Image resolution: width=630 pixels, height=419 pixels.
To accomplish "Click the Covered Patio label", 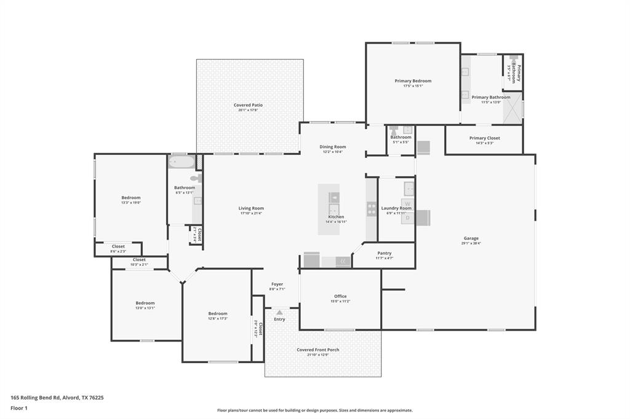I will point(248,105).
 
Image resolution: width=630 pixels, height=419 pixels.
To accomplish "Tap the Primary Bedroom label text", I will point(413,80).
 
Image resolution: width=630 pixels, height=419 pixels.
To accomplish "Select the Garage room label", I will point(471,238).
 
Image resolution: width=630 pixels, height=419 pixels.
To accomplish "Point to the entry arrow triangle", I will point(279,313).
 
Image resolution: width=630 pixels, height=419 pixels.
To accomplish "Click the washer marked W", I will point(407,203).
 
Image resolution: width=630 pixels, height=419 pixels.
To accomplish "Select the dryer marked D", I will point(407,217).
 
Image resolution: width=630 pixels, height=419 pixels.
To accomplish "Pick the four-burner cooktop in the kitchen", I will point(372,209).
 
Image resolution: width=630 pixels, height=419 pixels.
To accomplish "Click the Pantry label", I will point(384,253).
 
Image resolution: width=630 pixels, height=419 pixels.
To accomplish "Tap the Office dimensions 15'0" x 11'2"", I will point(340,302).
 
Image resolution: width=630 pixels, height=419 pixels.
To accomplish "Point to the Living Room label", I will point(251,208).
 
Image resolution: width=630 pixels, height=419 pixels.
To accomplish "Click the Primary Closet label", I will point(485,138).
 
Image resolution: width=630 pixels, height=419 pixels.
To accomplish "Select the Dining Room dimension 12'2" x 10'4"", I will point(333,152).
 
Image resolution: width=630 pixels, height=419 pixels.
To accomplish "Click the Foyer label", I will point(277,284).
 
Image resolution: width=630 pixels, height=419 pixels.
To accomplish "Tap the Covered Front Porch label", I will point(318,350).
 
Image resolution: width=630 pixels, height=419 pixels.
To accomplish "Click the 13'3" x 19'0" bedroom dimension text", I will point(131,203).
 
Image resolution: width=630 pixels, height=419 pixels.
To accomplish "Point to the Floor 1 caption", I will point(20,408).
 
